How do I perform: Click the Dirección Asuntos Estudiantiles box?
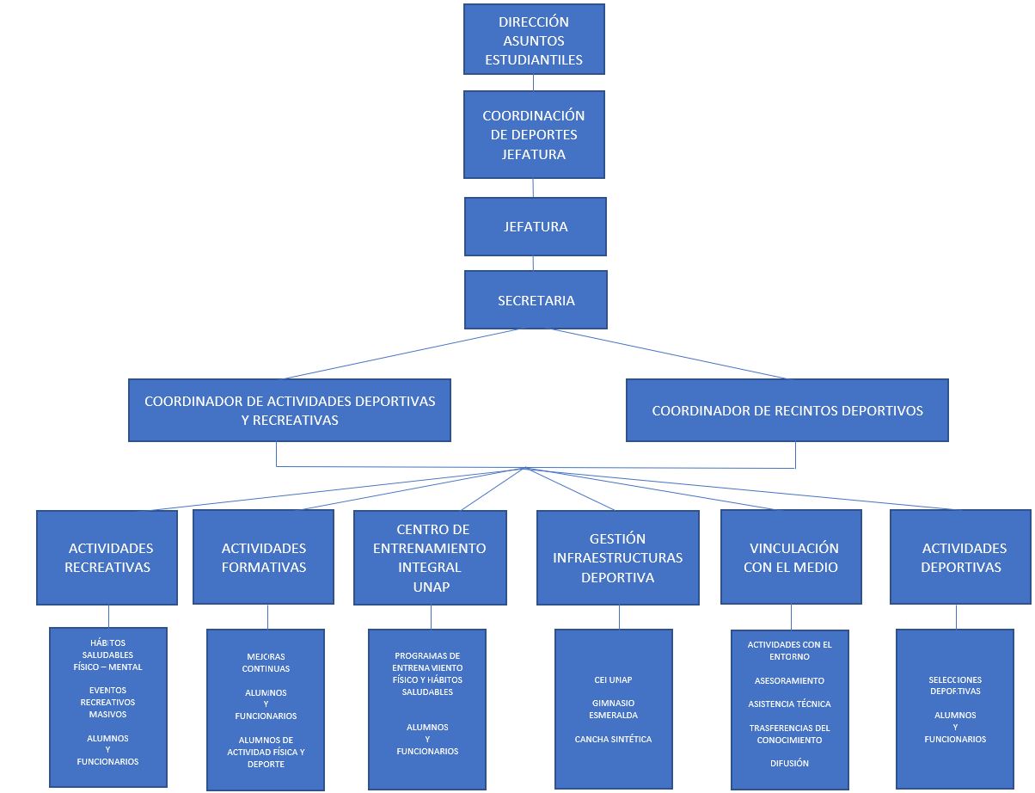coord(534,40)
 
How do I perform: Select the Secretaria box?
coord(536,300)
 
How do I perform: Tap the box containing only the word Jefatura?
coord(535,227)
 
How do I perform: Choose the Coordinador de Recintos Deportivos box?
coord(787,410)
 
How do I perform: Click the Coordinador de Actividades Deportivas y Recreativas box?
coord(290,410)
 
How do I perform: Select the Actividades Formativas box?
coord(263,557)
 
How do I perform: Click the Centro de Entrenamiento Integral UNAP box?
coord(431,557)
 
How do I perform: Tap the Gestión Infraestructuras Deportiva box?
coord(617,557)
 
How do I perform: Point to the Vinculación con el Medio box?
coord(791,557)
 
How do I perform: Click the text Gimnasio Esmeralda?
coord(613,709)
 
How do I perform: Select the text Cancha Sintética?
coord(613,739)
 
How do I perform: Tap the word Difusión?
coord(789,763)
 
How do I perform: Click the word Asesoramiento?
coord(789,680)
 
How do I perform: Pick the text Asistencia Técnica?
coord(789,704)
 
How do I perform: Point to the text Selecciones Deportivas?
coord(954,685)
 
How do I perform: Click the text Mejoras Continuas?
coord(266,662)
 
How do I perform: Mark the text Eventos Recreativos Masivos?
coord(107,702)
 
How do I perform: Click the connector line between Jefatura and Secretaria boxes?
coord(533,263)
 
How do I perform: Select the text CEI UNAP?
coord(613,679)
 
